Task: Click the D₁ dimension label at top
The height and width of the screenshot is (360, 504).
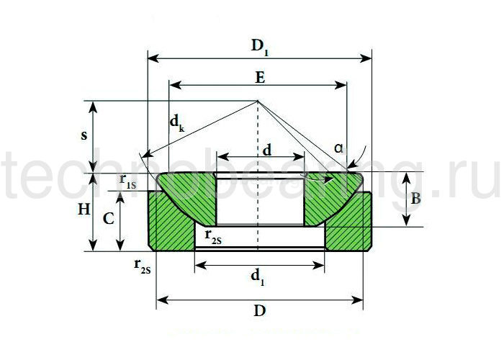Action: coord(260,48)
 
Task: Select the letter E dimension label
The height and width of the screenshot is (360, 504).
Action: coord(260,78)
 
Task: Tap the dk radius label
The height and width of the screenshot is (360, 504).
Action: coord(177,124)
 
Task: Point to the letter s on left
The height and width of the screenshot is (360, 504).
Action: coord(84,135)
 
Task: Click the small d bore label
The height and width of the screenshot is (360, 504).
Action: coord(267,150)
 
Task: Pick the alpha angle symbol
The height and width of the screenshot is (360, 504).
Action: coord(338,148)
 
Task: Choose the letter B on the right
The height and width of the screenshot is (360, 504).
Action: coord(415,199)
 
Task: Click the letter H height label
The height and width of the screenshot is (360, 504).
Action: coord(84,210)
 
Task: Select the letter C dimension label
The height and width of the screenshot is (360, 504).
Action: coord(108,219)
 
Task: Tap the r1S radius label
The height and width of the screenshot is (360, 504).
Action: coord(127,181)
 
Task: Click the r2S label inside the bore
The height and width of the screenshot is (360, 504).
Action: coord(213,237)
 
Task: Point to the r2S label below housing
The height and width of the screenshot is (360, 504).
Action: coord(142,266)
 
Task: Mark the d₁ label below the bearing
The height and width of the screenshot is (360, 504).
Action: coord(258,278)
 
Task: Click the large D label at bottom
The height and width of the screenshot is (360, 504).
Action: coord(260,311)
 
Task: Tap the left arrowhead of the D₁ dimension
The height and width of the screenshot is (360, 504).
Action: coord(153,58)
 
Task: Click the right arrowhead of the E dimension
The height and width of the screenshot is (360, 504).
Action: coord(341,85)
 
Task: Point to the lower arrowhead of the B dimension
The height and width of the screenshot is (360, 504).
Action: coord(407,220)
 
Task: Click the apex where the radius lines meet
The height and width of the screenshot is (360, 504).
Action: coord(257,102)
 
